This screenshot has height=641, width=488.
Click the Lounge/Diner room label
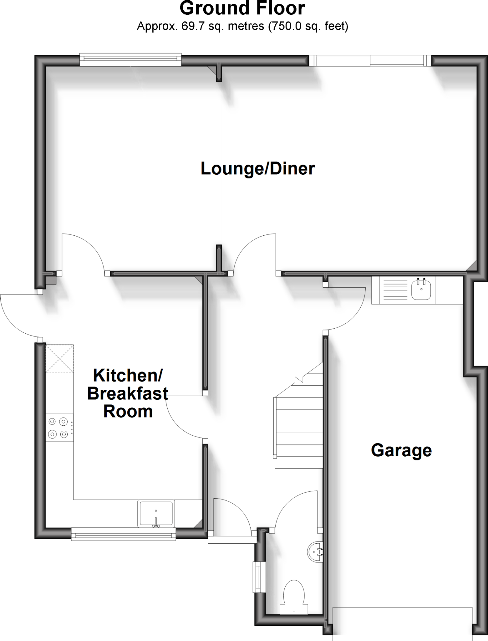257,169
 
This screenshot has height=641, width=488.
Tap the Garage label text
401,450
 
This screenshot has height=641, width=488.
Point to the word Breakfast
128,393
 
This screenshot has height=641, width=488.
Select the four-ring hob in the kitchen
58,428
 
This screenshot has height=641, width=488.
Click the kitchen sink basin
156,513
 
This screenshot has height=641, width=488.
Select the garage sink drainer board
395,290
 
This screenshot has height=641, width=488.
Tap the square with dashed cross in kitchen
59,359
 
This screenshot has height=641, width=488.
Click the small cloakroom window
259,577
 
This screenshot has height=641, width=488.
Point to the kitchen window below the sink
123,535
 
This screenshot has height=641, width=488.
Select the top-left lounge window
130,59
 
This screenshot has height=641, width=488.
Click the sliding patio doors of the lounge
370,60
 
